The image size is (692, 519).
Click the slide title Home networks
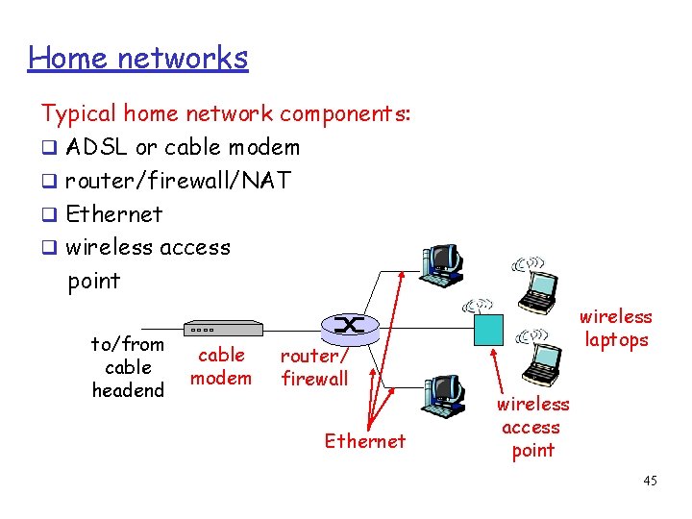coord(137,58)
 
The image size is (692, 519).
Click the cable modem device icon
coord(222,328)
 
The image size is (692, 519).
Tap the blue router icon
coord(347,327)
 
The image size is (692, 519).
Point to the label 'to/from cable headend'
coord(128,367)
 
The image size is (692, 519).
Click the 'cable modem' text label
coord(221,366)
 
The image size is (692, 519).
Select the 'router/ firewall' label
coord(314,367)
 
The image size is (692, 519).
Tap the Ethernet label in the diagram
coord(365,441)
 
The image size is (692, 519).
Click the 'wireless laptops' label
coord(616,328)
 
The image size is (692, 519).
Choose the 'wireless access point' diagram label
coord(532,427)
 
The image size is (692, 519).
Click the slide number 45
coord(650,481)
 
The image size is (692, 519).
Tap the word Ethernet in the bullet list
coord(114,213)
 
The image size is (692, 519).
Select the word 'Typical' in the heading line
coord(77,114)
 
